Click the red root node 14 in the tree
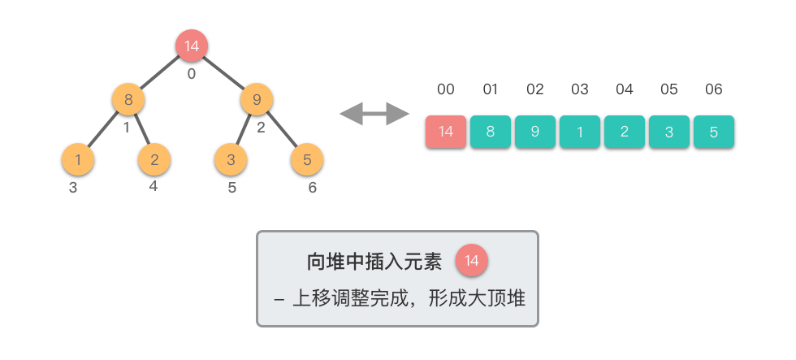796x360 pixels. [192, 46]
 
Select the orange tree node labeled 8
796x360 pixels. [128, 99]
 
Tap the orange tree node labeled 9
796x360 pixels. [257, 99]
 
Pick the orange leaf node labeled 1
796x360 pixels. [78, 159]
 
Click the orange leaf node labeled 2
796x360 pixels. [154, 159]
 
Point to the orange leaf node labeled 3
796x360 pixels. [231, 159]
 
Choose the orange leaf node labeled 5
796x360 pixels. [307, 159]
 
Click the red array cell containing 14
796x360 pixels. [446, 132]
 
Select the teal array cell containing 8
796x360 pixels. [491, 132]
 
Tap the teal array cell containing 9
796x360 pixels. [535, 132]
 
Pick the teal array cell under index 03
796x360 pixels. [580, 132]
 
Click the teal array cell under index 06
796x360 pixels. [714, 132]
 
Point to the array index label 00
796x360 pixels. [446, 89]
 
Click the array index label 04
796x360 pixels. [625, 89]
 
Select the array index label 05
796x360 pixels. [669, 89]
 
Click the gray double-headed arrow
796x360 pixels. [374, 114]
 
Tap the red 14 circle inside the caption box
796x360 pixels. [472, 261]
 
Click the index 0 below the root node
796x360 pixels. [192, 74]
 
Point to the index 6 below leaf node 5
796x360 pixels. [312, 188]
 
